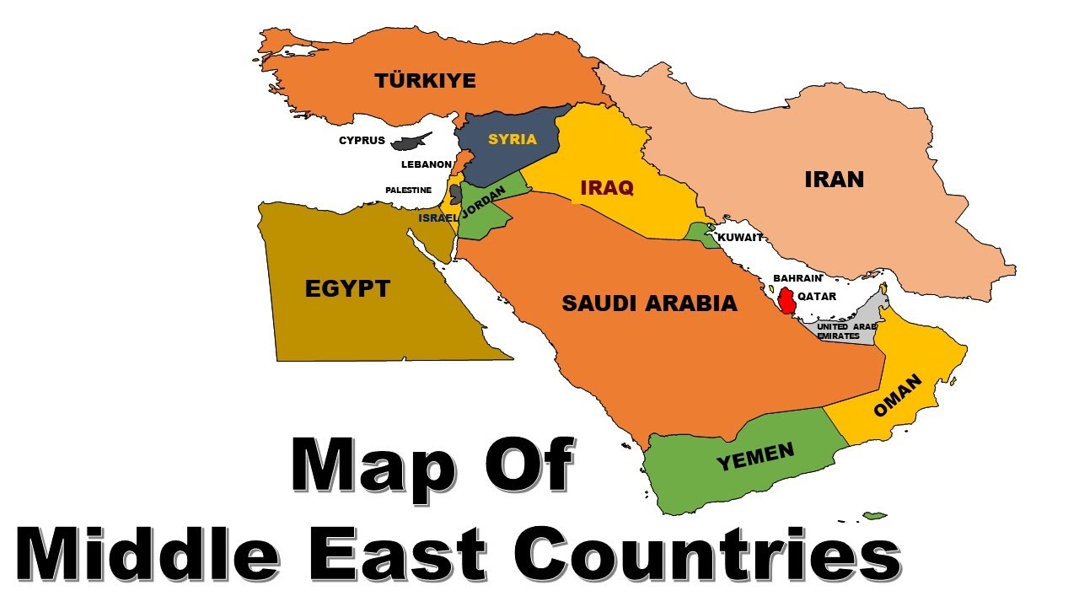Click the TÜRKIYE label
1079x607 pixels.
pyautogui.click(x=426, y=81)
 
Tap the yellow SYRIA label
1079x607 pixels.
pyautogui.click(x=513, y=139)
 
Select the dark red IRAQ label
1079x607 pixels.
pyautogui.click(x=606, y=187)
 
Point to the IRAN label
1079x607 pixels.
pyautogui.click(x=835, y=179)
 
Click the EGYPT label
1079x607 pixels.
pyautogui.click(x=347, y=288)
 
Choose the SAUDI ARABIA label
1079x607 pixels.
pyautogui.click(x=649, y=303)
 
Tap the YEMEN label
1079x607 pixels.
pyautogui.click(x=755, y=456)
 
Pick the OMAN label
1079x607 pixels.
pyautogui.click(x=899, y=396)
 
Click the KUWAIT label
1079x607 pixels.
pyautogui.click(x=740, y=238)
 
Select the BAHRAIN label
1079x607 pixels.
pyautogui.click(x=797, y=277)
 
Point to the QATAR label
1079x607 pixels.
pyautogui.click(x=817, y=296)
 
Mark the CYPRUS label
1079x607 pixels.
pyautogui.click(x=362, y=141)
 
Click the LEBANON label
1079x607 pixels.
pyautogui.click(x=427, y=164)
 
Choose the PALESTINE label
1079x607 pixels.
pyautogui.click(x=408, y=191)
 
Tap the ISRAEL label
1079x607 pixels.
pyautogui.click(x=438, y=218)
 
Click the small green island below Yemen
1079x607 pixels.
pyautogui.click(x=875, y=515)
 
